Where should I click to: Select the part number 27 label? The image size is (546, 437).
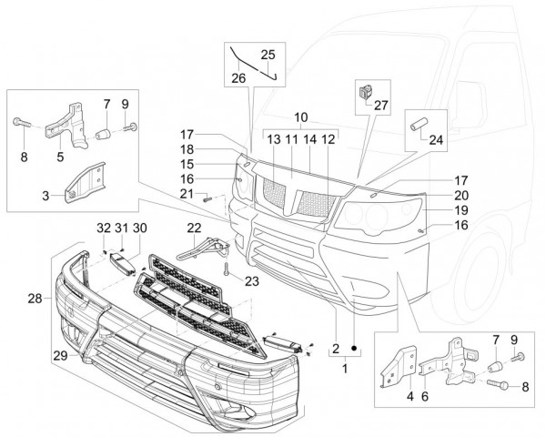pyautogui.click(x=380, y=105)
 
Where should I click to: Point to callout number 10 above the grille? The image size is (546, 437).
pyautogui.click(x=301, y=117)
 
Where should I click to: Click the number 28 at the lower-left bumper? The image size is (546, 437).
pyautogui.click(x=35, y=299)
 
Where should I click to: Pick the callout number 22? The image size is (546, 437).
pyautogui.click(x=194, y=227)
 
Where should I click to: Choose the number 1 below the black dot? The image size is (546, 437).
pyautogui.click(x=344, y=370)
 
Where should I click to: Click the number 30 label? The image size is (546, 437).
pyautogui.click(x=139, y=227)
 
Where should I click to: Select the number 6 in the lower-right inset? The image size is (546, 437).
pyautogui.click(x=424, y=370)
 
